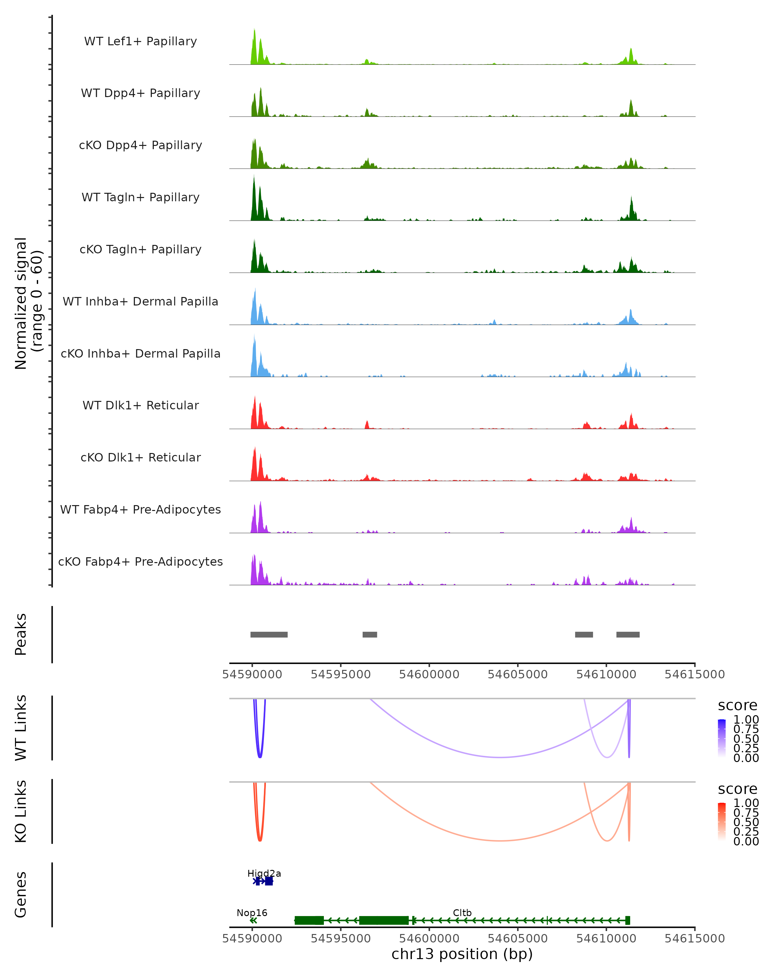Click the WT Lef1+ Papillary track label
click(x=140, y=41)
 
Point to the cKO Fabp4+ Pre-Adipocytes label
click(x=140, y=561)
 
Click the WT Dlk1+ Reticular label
click(x=140, y=405)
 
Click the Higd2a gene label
click(x=264, y=873)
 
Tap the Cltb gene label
click(x=462, y=913)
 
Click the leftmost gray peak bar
click(x=269, y=634)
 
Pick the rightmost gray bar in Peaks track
click(x=628, y=634)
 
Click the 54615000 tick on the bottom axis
click(x=694, y=939)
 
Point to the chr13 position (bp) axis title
click(x=462, y=954)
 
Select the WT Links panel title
click(x=21, y=728)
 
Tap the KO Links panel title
click(x=21, y=811)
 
